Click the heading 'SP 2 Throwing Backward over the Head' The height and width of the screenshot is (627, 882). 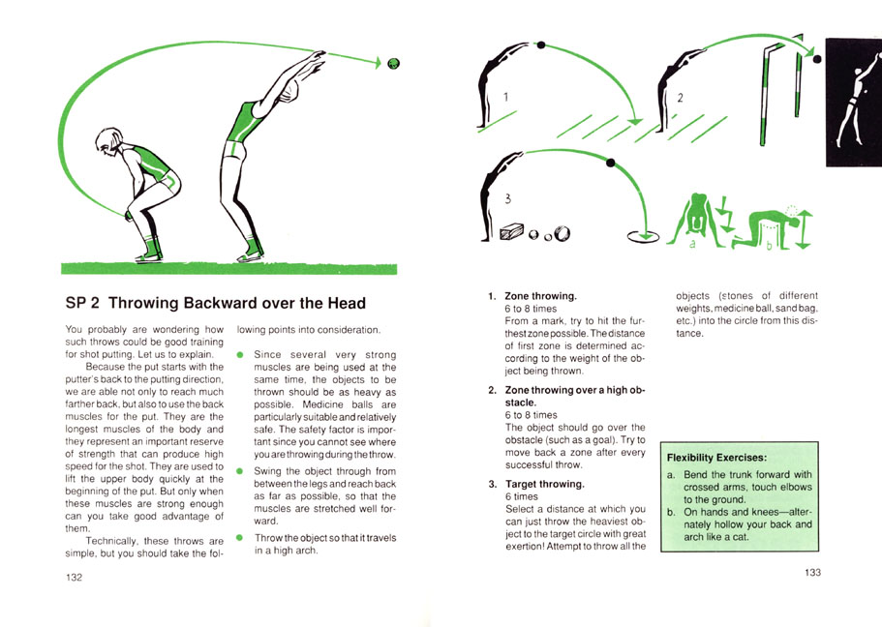[215, 304]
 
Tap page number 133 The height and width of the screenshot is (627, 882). [812, 573]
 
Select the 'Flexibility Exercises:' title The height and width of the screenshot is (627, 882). [717, 457]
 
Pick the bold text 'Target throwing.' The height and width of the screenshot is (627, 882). [544, 484]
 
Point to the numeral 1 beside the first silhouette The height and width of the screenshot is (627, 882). [505, 96]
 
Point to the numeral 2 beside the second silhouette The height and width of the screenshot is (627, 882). [680, 98]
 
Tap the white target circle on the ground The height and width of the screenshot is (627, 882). [644, 233]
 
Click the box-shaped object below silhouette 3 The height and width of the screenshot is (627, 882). [509, 232]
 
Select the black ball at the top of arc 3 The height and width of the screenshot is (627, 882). [610, 164]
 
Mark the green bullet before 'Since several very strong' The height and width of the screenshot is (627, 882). [240, 355]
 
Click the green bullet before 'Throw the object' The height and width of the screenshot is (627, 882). [240, 538]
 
